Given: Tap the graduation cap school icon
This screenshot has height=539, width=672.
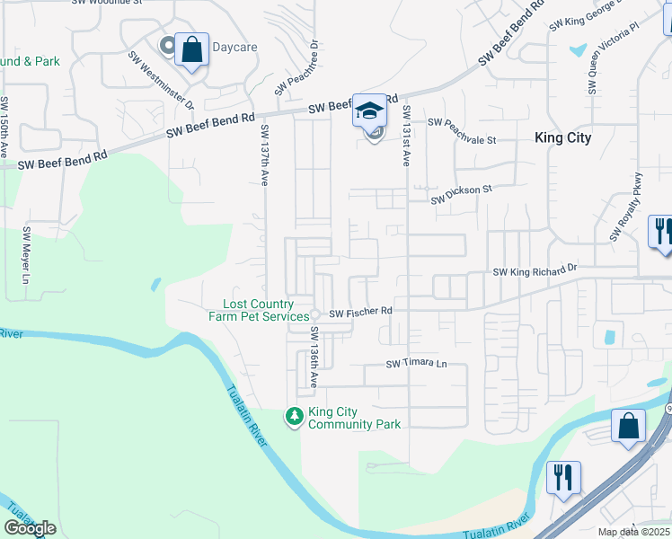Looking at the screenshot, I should click(x=368, y=110).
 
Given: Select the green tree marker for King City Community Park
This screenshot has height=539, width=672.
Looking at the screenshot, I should click(x=294, y=416).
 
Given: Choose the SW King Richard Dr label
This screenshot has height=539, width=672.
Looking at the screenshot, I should click(x=535, y=270).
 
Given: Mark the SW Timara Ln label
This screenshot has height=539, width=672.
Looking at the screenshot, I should click(x=416, y=364).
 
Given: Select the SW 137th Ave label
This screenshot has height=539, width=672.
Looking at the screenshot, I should click(x=265, y=155).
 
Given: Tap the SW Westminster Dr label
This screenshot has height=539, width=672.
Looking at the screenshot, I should click(x=161, y=79).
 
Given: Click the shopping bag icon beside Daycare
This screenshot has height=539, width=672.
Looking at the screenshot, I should click(x=191, y=50).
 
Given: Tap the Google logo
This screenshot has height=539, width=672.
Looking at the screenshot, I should click(x=30, y=528).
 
